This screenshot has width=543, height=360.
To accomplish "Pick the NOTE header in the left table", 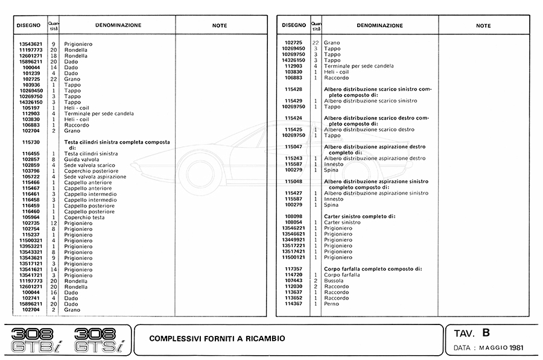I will point(220,26).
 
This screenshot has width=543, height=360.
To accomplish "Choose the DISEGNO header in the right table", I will point(293,26).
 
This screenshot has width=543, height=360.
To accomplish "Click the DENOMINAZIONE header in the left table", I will point(118,26).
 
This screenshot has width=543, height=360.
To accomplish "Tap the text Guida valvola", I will point(81,159).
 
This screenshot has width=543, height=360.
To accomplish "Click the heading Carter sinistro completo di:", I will point(360,216).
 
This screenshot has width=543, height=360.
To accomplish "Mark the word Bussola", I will point(335,280).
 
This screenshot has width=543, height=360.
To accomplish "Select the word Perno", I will point(332,304).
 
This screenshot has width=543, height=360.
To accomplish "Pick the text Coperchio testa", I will point(84,217).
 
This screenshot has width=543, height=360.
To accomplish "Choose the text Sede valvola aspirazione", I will point(95,177).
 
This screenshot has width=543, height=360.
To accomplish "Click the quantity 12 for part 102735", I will point(53,223).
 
